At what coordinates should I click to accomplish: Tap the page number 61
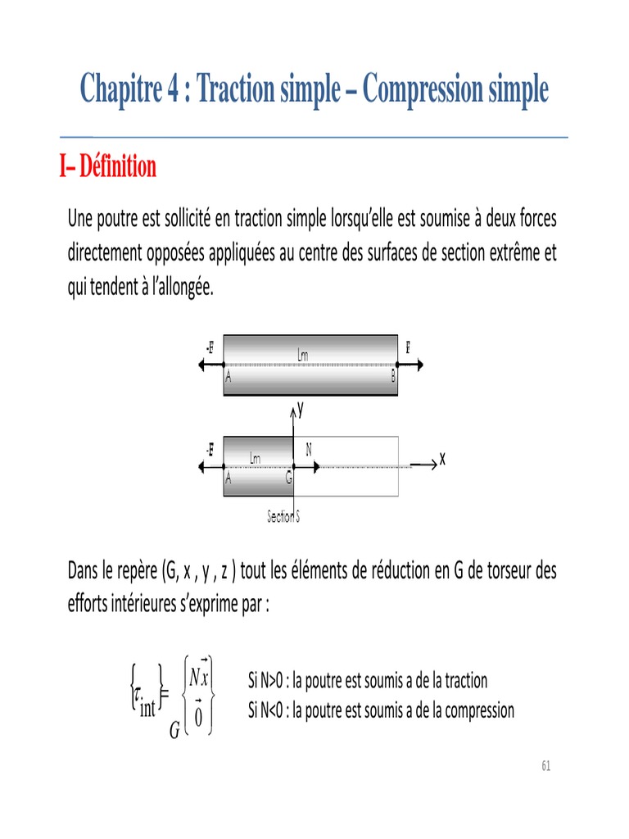[x=546, y=766]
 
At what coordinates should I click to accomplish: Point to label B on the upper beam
[x=393, y=378]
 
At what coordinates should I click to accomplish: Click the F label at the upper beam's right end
[x=407, y=347]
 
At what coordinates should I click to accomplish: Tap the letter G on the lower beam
[x=289, y=481]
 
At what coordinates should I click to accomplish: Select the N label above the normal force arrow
[x=309, y=448]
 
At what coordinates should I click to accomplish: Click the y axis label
[x=301, y=413]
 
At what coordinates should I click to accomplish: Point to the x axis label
[x=442, y=460]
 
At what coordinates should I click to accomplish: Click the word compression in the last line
[x=476, y=710]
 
